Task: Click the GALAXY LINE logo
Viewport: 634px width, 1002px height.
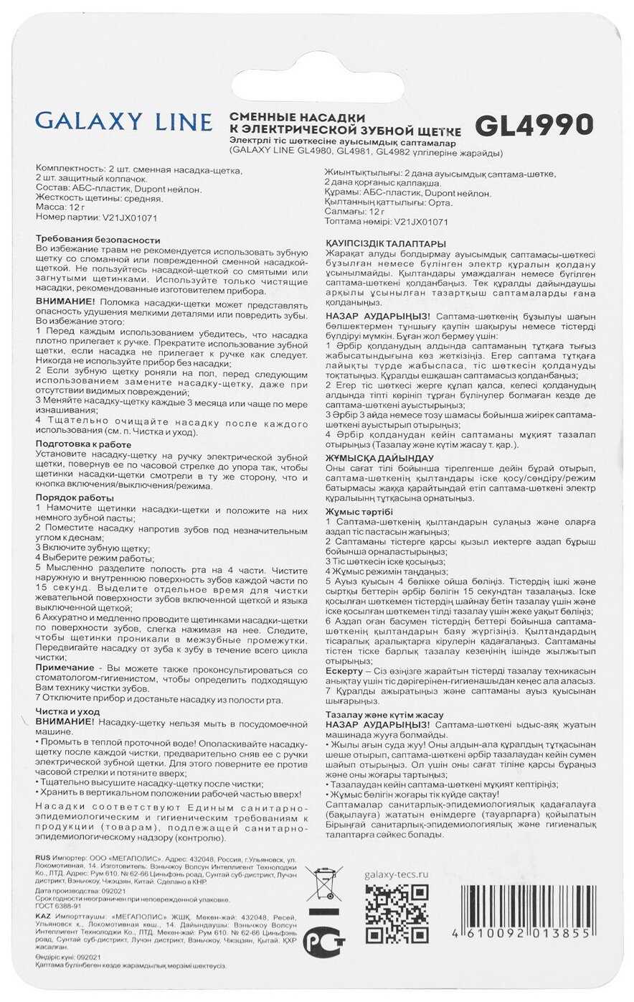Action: (123, 122)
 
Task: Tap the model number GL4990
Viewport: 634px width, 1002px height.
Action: (534, 125)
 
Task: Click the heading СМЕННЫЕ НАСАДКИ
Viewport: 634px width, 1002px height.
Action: (297, 116)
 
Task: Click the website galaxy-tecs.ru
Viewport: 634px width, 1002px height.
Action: (396, 874)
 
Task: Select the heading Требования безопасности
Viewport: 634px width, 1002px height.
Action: (98, 239)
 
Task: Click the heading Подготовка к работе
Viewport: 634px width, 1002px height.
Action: (83, 444)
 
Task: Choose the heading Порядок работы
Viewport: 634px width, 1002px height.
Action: (75, 497)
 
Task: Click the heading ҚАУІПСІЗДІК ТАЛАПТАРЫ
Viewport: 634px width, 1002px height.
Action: (385, 244)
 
